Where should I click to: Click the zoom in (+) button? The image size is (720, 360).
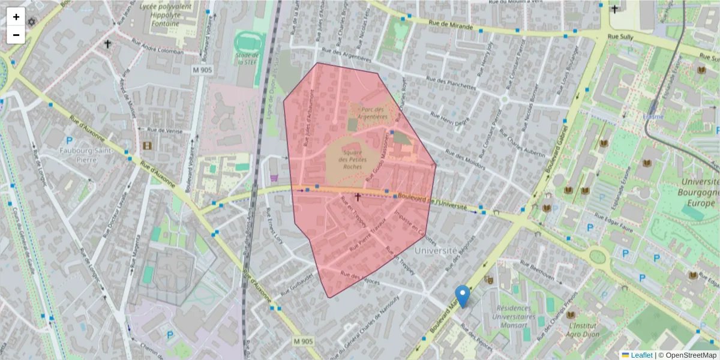[x=16, y=17]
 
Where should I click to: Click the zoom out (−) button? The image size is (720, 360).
[x=16, y=35]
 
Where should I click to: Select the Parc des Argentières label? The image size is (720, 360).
[x=374, y=113]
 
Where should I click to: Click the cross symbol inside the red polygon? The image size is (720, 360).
[x=358, y=197]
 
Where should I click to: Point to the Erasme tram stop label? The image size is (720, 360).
[x=653, y=116]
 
